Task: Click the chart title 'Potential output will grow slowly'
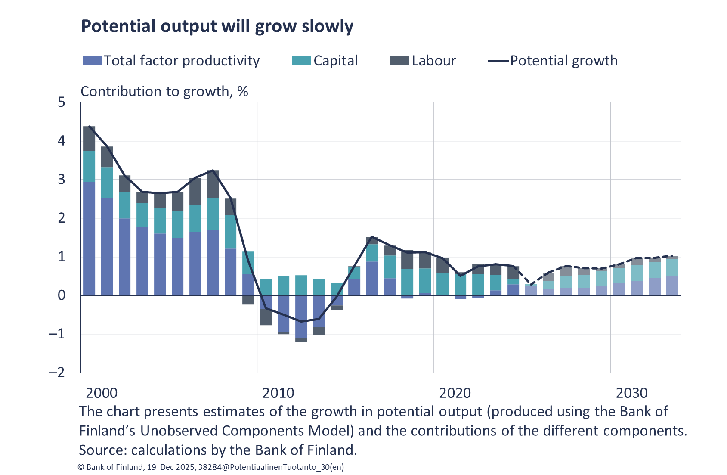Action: point(217,26)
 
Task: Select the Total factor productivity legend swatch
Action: point(92,61)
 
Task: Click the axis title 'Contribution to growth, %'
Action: point(164,91)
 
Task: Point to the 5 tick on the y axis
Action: point(62,102)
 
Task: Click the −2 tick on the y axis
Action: point(57,372)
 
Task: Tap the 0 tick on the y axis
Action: point(62,295)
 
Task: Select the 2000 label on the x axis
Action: point(102,393)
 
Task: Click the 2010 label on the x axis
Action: point(278,393)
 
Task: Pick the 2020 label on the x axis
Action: point(455,393)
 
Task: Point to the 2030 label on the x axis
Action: point(631,393)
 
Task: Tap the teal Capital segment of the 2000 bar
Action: point(89,166)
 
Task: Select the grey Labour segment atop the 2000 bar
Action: point(89,138)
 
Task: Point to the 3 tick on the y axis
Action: point(62,180)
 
